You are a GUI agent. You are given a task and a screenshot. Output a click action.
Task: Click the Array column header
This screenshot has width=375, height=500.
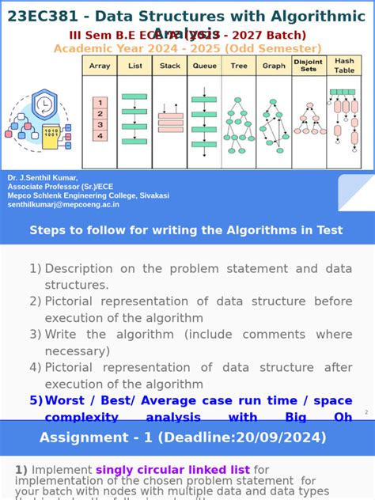pyautogui.click(x=100, y=66)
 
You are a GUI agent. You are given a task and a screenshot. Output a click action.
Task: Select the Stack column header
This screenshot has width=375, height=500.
pyautogui.click(x=170, y=66)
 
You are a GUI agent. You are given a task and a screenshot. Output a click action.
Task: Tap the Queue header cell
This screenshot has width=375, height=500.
pyautogui.click(x=205, y=66)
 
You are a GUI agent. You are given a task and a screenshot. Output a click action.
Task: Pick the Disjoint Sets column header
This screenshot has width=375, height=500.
pyautogui.click(x=309, y=66)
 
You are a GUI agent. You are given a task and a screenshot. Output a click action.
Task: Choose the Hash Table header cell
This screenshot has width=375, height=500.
pyautogui.click(x=344, y=66)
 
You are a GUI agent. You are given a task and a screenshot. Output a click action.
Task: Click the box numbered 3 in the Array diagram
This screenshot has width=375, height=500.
pyautogui.click(x=100, y=124)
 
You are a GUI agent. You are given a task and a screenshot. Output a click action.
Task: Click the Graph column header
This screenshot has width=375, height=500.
pyautogui.click(x=274, y=66)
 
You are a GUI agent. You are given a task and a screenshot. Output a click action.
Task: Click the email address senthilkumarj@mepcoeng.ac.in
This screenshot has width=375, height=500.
pyautogui.click(x=63, y=204)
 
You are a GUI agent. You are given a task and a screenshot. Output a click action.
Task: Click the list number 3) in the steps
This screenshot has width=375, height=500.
pyautogui.click(x=36, y=335)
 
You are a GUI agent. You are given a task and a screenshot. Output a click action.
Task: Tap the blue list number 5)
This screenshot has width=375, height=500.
pyautogui.click(x=36, y=400)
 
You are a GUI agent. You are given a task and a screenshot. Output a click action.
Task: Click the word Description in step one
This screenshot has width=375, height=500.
pyautogui.click(x=83, y=268)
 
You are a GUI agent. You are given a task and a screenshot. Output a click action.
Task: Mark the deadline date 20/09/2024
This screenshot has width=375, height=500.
pyautogui.click(x=285, y=437)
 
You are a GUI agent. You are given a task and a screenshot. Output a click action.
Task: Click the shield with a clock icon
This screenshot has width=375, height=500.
pyautogui.click(x=44, y=104)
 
